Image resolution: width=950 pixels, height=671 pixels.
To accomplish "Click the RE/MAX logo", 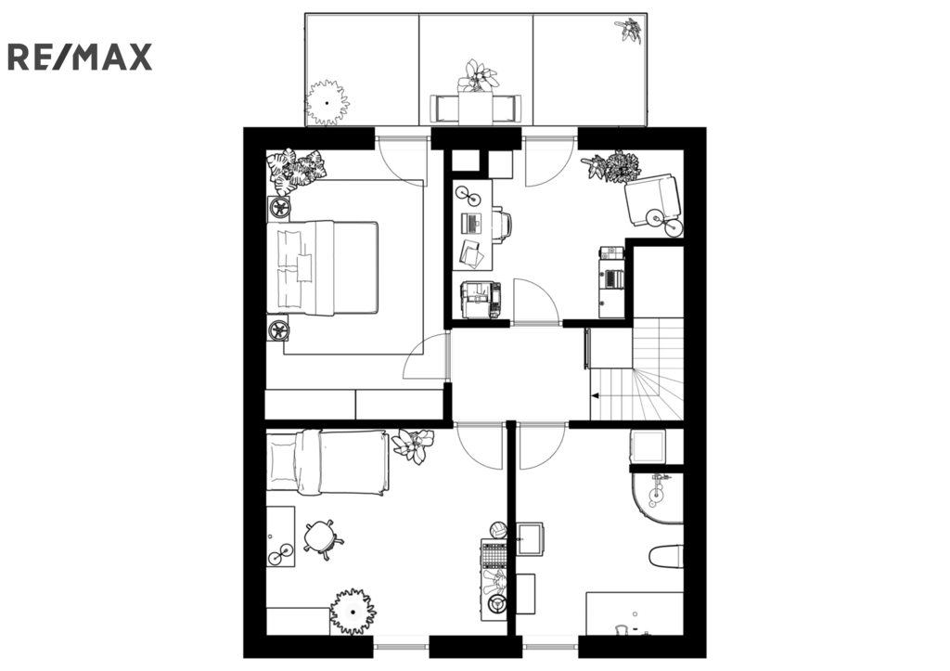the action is click(x=80, y=57).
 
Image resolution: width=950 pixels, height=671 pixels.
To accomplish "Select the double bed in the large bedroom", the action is click(x=322, y=267).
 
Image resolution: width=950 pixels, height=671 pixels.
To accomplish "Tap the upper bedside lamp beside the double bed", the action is click(x=279, y=209).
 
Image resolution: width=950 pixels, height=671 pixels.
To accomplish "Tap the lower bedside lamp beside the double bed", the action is click(x=278, y=330).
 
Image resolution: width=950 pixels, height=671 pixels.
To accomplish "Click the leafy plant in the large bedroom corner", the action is click(x=296, y=171).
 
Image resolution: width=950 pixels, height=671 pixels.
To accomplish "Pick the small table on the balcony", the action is click(x=476, y=108).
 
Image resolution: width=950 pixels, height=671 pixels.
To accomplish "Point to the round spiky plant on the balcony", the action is click(x=327, y=102).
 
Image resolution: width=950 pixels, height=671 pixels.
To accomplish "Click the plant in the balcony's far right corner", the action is click(x=629, y=31).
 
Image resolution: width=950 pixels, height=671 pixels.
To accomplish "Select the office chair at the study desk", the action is click(x=503, y=225).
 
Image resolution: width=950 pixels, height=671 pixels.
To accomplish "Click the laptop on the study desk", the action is click(x=470, y=224).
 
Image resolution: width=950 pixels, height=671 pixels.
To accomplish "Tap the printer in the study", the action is click(x=481, y=300).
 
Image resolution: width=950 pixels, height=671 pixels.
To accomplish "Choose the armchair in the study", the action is click(x=652, y=200).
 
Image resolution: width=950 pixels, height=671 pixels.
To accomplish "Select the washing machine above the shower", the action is click(x=648, y=446).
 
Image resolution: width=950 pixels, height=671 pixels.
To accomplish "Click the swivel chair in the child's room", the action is click(x=323, y=537).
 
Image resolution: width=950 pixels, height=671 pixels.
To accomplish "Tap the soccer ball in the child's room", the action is click(x=498, y=530).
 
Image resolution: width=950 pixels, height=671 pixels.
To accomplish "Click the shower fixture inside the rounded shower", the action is click(x=657, y=488).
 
